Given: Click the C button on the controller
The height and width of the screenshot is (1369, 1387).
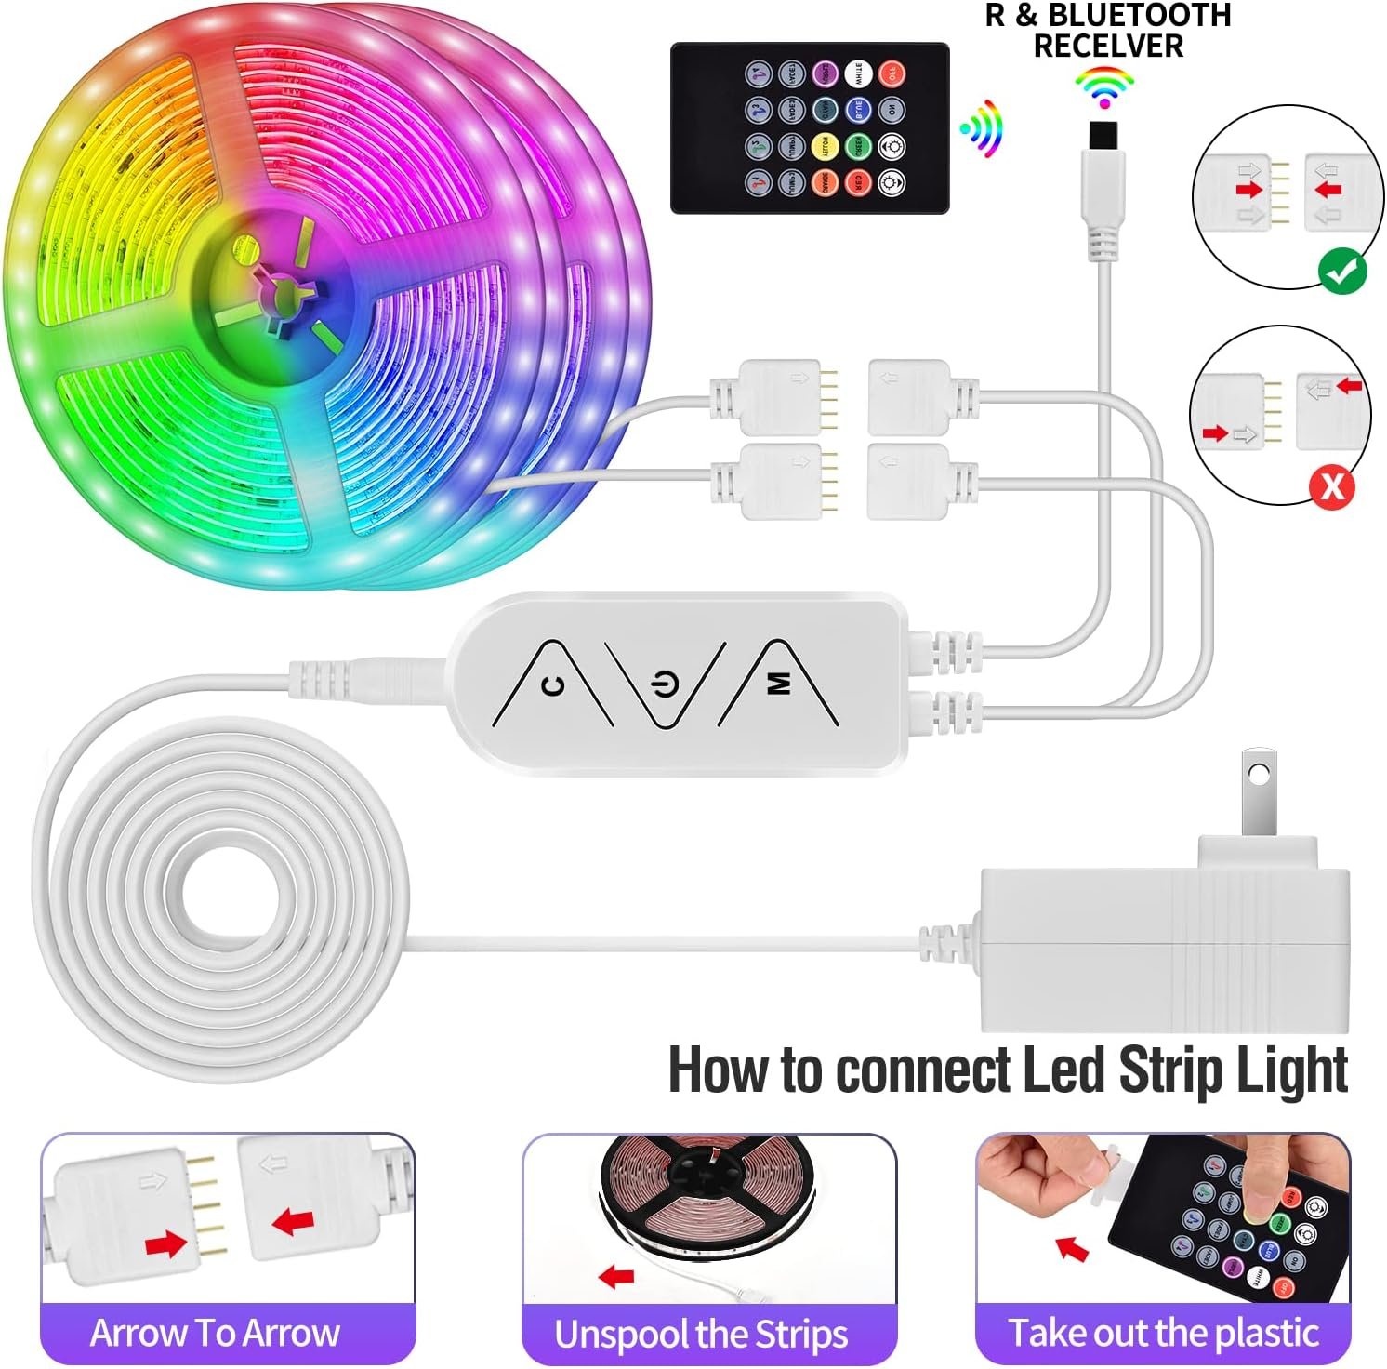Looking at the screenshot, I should click(552, 686).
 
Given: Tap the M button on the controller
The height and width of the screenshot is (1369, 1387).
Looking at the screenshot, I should click(779, 684).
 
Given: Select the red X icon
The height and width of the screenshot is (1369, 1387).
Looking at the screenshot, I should click(1331, 485).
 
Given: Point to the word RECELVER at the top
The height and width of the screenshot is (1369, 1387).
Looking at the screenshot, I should click(1108, 45).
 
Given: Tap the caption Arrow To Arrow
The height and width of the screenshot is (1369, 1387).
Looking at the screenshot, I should click(215, 1333).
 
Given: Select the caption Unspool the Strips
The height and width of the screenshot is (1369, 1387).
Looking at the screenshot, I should click(701, 1335).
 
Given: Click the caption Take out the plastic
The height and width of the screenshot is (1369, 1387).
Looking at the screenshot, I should click(1163, 1333).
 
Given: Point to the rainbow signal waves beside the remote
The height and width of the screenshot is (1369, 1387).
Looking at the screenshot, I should click(984, 128).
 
